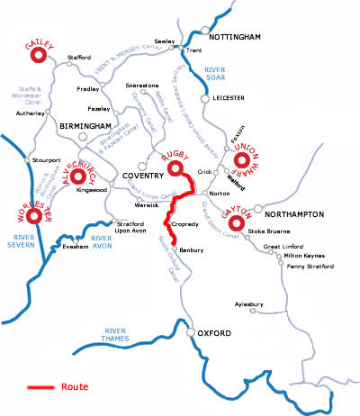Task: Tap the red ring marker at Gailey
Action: (39, 57)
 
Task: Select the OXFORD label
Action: (216, 334)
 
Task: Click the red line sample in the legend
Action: (40, 388)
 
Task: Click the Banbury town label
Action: (193, 249)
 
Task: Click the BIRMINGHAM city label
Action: (85, 126)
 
